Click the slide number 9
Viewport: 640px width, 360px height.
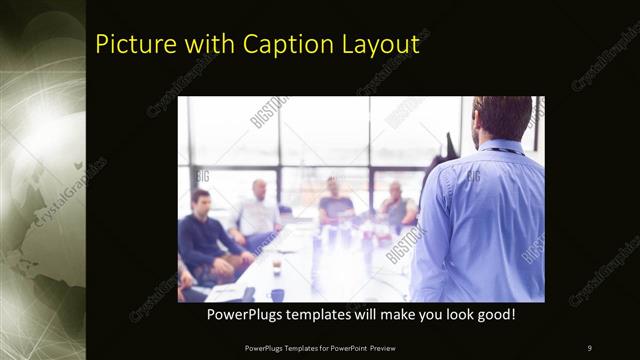click(590, 347)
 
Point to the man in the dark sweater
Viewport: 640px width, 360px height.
click(204, 235)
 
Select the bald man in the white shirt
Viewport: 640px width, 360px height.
click(258, 211)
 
